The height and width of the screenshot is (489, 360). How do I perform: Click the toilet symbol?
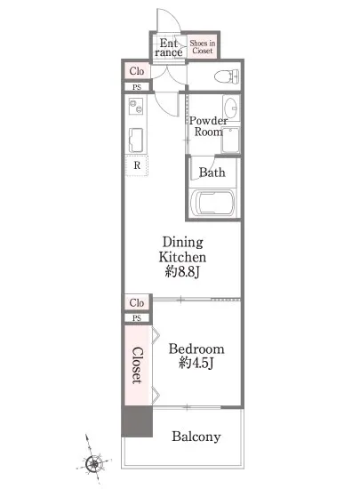click(227, 76)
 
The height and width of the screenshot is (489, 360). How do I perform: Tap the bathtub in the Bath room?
click(212, 203)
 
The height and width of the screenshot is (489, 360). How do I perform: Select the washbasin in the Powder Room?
click(231, 107)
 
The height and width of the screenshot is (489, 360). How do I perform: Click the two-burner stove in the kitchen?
click(136, 106)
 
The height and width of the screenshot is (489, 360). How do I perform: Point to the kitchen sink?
click(136, 140)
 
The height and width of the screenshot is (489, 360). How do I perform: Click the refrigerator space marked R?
click(137, 165)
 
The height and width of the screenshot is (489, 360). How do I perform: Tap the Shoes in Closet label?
click(203, 47)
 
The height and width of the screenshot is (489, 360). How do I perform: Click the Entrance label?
click(168, 47)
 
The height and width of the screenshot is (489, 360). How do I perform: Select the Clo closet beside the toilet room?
click(137, 71)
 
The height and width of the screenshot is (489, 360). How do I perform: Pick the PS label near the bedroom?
click(137, 318)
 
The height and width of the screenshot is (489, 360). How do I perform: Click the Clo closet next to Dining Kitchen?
click(137, 303)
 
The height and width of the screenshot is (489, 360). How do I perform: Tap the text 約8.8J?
click(182, 272)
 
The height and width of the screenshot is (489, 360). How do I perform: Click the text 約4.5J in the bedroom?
click(196, 363)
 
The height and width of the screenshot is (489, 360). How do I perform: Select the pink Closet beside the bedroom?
click(138, 365)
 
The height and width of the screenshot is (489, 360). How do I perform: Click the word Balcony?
click(196, 437)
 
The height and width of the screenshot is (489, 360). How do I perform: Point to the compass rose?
click(93, 463)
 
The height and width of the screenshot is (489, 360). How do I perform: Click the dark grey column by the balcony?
click(137, 421)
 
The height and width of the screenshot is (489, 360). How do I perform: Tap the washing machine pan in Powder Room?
click(230, 140)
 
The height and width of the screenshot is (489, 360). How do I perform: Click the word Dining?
click(182, 243)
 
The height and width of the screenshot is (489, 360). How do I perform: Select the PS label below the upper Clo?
click(137, 87)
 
